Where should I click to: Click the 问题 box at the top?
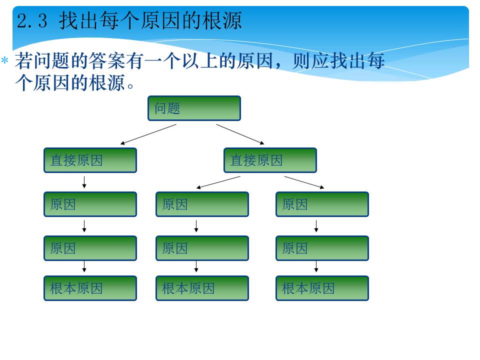click(x=194, y=108)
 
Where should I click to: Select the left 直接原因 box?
click(x=90, y=160)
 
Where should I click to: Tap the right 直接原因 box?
click(x=270, y=160)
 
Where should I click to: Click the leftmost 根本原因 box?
click(x=90, y=288)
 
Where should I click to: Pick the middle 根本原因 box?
click(x=202, y=288)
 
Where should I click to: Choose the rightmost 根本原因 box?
click(x=322, y=288)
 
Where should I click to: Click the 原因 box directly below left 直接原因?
click(x=90, y=204)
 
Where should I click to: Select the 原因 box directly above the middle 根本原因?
click(x=202, y=248)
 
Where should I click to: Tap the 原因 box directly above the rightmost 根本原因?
click(x=322, y=248)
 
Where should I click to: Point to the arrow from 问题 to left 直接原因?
click(x=148, y=134)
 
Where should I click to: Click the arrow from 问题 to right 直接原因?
click(x=240, y=134)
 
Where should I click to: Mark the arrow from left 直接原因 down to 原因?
click(x=84, y=182)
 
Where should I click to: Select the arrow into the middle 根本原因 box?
click(x=196, y=266)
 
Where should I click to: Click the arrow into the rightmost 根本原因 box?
click(x=316, y=266)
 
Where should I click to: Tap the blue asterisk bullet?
click(x=4, y=59)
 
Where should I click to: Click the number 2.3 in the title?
click(x=32, y=21)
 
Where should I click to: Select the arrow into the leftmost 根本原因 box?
click(x=84, y=266)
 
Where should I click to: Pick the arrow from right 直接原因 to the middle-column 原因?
click(x=218, y=182)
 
